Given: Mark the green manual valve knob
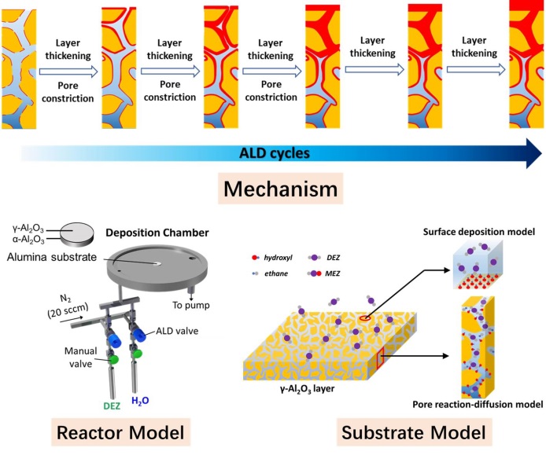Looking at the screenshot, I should [x=113, y=358].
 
